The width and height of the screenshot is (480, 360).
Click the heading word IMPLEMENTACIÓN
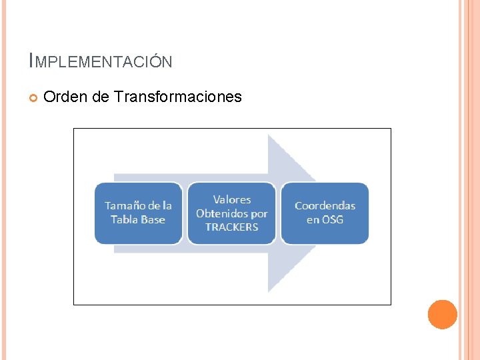[x=101, y=62]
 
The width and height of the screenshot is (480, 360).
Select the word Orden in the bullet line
[x=66, y=97]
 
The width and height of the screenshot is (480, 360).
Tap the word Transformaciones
[x=178, y=97]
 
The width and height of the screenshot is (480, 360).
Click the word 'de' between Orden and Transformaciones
[x=101, y=97]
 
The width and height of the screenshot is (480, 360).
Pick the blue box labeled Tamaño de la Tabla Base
[x=138, y=213]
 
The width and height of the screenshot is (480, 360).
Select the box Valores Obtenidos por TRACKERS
[x=231, y=213]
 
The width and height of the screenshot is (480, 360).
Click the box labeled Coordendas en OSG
[x=325, y=213]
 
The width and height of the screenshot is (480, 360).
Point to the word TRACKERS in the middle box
[x=231, y=227]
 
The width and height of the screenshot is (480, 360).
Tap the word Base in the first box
[x=153, y=220]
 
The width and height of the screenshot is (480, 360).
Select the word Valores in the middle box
[x=232, y=199]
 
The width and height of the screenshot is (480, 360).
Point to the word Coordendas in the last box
[x=325, y=205]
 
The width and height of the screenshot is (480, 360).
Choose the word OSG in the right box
[x=333, y=220]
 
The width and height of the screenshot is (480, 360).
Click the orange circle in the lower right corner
[x=442, y=315]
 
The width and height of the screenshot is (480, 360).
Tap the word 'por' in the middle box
[x=259, y=213]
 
